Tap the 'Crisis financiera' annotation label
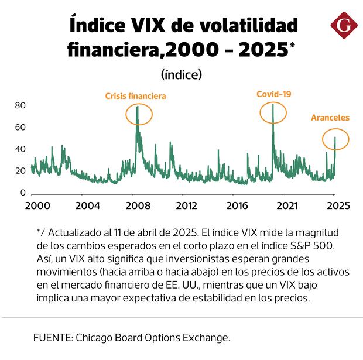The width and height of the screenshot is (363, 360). tap(135, 96)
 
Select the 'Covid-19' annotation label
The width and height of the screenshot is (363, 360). tap(273, 94)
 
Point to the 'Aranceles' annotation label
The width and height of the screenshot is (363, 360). tap(330, 118)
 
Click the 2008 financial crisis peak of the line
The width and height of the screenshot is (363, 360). tap(138, 107)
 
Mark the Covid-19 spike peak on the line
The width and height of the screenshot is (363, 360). tap(273, 104)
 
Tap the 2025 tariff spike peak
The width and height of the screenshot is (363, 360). tap(335, 138)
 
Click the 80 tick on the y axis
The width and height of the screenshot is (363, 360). tap(20, 105)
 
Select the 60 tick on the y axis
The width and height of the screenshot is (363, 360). tap(20, 127)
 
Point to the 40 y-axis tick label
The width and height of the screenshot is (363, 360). tap(20, 149)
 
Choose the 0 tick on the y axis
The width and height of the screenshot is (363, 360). tap(23, 193)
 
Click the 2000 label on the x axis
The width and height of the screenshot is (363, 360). tap(37, 205)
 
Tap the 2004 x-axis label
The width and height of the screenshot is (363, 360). tap(87, 205)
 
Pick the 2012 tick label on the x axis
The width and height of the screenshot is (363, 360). tap(186, 205)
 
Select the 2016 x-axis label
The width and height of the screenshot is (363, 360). tap(236, 205)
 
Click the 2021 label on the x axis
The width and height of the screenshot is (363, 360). tap(286, 205)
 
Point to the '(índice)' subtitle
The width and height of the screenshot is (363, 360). tap(181, 74)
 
